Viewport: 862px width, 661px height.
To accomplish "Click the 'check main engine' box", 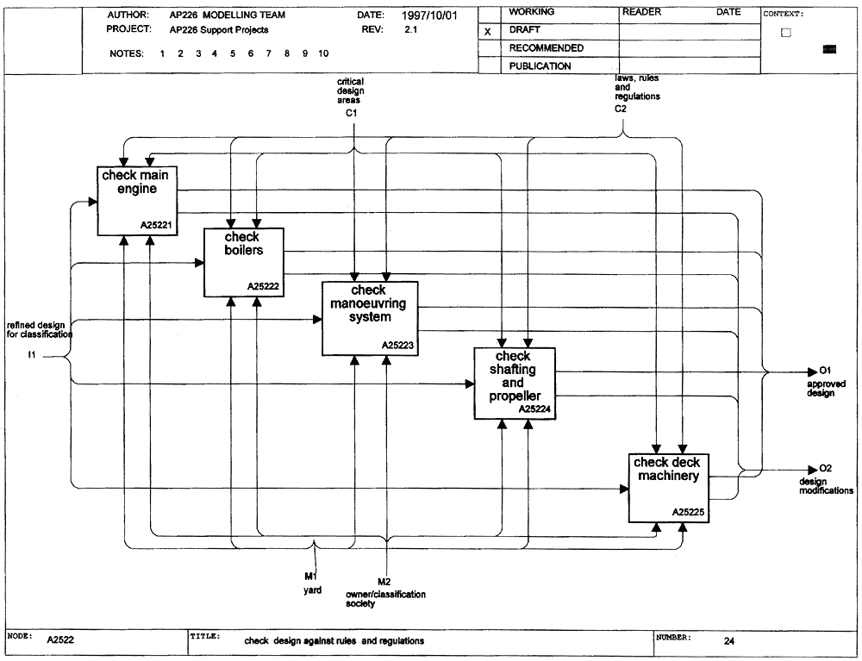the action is (137, 201).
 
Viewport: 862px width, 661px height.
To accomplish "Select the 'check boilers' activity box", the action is (244, 263).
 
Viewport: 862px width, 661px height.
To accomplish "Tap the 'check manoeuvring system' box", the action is (370, 319).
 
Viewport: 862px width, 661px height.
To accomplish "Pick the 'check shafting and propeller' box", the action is (515, 384).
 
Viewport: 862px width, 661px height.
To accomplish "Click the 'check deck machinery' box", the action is (669, 488).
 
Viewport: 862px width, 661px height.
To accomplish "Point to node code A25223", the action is (397, 345).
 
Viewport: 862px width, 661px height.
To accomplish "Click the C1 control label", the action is (352, 113).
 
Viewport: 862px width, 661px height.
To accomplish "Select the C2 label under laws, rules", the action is (621, 109).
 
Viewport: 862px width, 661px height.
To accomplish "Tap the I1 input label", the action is (32, 355).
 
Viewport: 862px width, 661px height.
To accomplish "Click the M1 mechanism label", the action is (310, 577).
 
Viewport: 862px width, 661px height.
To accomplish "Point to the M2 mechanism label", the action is (384, 582).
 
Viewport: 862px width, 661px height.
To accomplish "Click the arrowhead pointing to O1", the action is (813, 372).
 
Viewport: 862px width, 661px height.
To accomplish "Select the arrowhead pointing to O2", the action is (813, 470).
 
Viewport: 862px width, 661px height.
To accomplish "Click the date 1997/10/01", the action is (429, 16).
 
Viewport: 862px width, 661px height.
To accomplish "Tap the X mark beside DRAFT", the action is (487, 32).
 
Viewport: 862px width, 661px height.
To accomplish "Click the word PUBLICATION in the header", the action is (540, 66).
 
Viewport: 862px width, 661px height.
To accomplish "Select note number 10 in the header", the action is (323, 53).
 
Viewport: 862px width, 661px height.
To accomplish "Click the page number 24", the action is (729, 640).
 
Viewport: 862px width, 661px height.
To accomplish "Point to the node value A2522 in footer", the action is (60, 639).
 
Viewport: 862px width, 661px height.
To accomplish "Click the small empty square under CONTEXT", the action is (786, 33).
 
